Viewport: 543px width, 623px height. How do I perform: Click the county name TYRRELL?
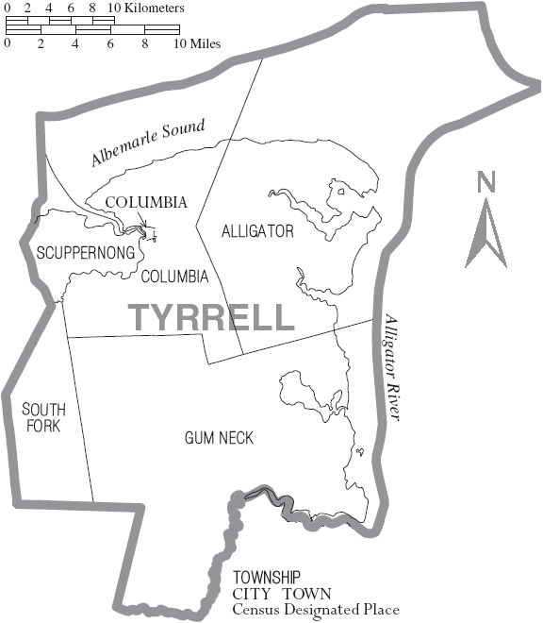[x=211, y=317]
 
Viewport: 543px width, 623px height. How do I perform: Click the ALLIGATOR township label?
[x=257, y=231]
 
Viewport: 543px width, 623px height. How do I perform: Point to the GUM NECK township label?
[x=219, y=437]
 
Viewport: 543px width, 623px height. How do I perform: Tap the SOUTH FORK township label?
[x=44, y=417]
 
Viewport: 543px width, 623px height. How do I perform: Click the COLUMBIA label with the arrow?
[x=146, y=202]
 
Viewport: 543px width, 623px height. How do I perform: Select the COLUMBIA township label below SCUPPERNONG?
[x=174, y=277]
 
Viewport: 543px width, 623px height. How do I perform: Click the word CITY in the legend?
[x=249, y=594]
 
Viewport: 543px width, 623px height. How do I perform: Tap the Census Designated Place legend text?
[x=316, y=610]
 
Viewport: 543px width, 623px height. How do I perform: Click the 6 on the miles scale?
[x=110, y=43]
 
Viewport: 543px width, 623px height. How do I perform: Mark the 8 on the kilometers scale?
[x=93, y=8]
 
